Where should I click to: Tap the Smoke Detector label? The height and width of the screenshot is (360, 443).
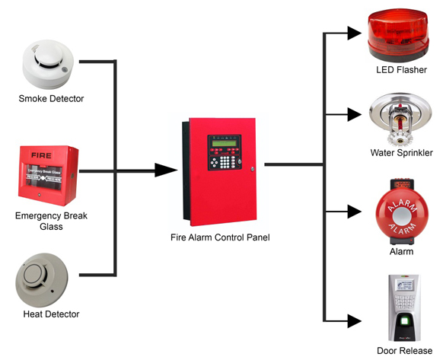[x=51, y=99]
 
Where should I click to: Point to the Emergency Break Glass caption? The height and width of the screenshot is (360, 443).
[x=51, y=221]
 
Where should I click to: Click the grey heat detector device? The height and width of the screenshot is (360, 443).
[x=46, y=279]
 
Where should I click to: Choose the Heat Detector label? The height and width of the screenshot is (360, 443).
[x=51, y=314]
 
